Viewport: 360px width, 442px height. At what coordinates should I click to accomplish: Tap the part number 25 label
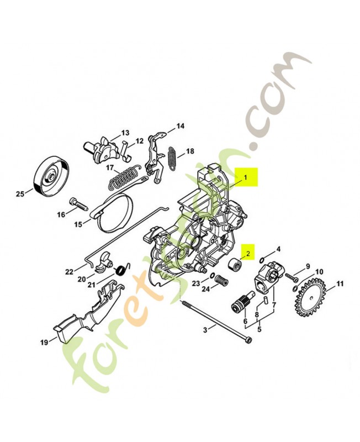pos(20,193)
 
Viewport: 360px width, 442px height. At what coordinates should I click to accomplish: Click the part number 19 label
pos(44,343)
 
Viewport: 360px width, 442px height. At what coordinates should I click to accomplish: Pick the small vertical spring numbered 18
pos(172,158)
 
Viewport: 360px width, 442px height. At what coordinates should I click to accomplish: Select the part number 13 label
pos(125,133)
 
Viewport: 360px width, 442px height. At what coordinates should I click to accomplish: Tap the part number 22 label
pos(69,271)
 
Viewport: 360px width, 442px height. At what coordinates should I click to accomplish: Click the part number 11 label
pos(340,284)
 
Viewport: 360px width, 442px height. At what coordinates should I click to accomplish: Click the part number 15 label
pos(78,224)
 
